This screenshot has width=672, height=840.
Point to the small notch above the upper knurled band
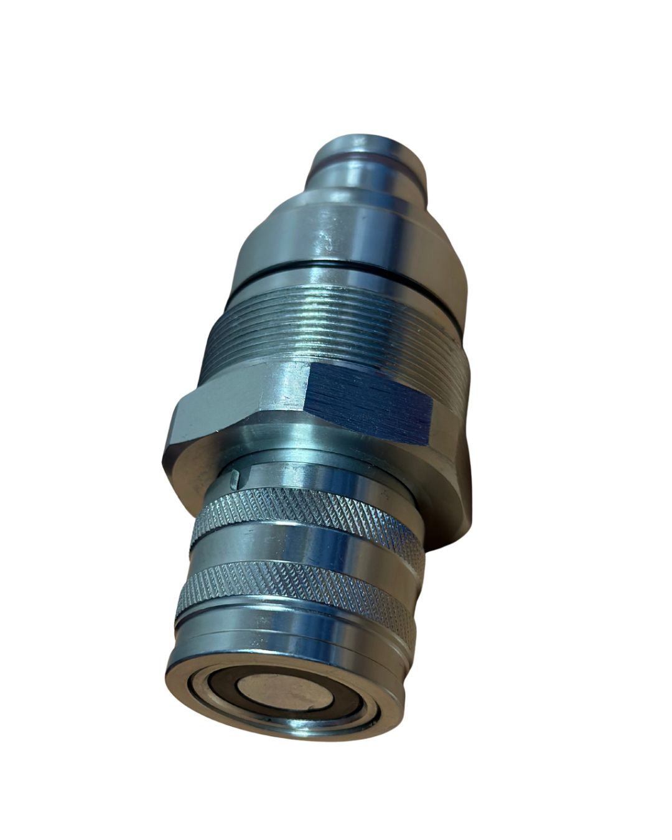tap(233, 478)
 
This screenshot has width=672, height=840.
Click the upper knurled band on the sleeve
tap(299, 516)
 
